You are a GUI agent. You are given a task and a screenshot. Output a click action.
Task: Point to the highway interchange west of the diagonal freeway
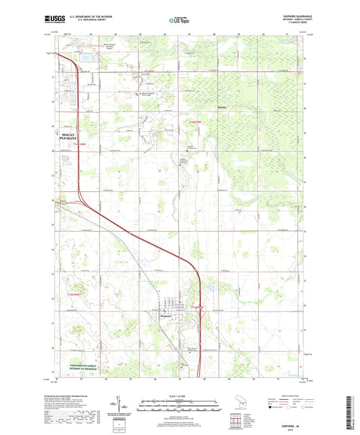[x=64, y=201]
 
